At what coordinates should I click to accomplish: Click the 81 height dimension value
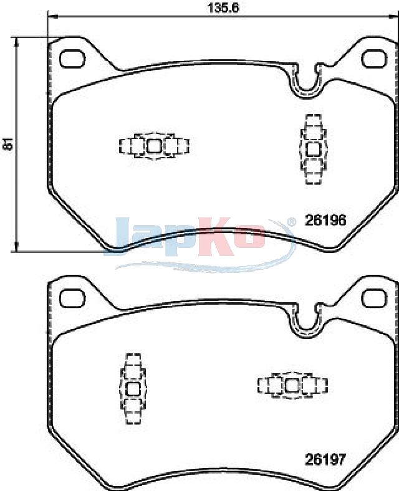pos(9,143)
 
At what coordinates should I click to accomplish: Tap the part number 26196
pos(325,220)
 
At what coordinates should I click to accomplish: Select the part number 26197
pos(325,459)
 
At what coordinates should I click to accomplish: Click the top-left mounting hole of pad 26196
pos(72,59)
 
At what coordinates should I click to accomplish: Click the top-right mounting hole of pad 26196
pos(374,59)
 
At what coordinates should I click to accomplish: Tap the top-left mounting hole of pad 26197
pos(72,298)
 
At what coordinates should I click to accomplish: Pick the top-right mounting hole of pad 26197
pos(374,298)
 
